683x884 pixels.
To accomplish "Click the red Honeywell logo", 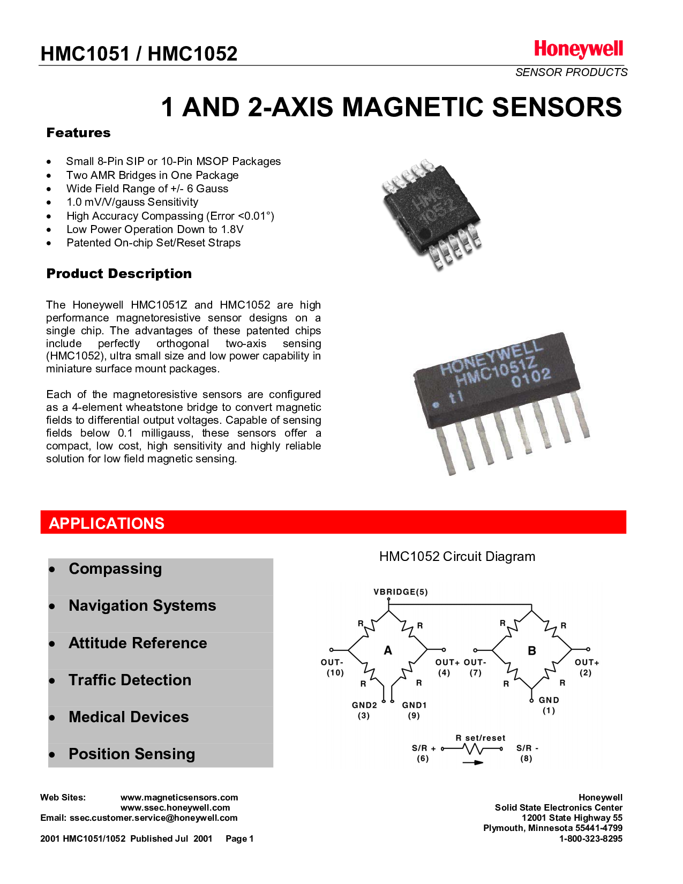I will [578, 50].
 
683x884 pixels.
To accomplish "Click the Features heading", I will [78, 133].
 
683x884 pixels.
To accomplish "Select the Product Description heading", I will [119, 274].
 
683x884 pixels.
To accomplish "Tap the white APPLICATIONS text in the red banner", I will [107, 523].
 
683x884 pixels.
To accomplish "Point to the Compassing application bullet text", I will [115, 568].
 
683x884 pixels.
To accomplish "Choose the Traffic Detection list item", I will [130, 680].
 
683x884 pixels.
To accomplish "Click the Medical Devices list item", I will [129, 717].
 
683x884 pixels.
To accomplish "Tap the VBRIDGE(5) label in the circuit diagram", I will [400, 592].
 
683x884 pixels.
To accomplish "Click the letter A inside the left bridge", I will [388, 650].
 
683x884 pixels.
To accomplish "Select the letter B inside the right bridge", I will [531, 650].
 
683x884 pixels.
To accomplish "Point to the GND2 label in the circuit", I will [364, 706].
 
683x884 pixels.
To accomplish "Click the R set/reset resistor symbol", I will [473, 749].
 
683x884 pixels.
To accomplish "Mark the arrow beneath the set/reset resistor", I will [472, 762].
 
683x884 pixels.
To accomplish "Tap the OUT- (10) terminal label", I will [333, 668].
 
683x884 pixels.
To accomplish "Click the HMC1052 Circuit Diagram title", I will [457, 557].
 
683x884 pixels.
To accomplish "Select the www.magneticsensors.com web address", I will [179, 798].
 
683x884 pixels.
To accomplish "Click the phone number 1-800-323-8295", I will [590, 838].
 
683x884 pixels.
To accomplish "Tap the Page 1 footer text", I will [239, 838].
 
